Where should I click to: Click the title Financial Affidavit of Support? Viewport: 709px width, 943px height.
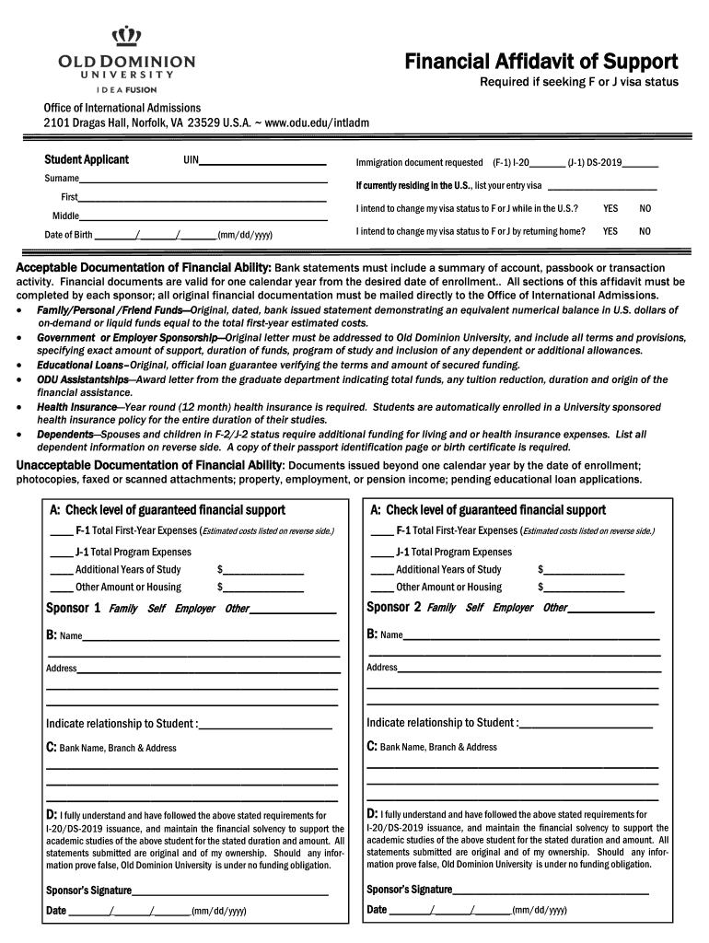[x=541, y=62]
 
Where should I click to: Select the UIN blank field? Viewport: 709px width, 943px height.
[x=263, y=161]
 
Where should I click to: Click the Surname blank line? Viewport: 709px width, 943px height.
[x=203, y=179]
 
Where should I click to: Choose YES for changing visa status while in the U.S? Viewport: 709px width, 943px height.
[x=610, y=209]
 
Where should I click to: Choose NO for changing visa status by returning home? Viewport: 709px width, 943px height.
[x=645, y=232]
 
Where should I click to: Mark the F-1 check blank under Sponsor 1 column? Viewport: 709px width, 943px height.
[x=61, y=531]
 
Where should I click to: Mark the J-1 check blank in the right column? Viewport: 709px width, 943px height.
[x=381, y=553]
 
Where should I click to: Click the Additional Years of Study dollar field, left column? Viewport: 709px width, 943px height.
[x=263, y=570]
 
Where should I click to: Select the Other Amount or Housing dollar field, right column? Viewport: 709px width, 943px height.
[x=585, y=588]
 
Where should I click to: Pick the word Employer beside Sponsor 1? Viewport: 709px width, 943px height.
[x=194, y=609]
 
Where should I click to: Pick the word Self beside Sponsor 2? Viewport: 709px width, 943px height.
[x=474, y=608]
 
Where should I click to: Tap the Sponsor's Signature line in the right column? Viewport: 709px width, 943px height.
[x=550, y=891]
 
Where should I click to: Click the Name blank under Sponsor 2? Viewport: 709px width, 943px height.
[x=531, y=635]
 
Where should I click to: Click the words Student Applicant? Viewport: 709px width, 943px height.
[x=87, y=160]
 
